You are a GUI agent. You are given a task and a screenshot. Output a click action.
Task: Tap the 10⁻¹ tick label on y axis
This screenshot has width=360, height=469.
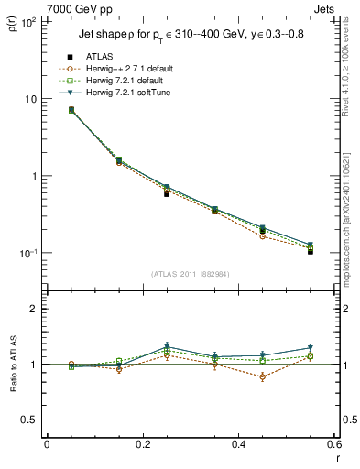27,254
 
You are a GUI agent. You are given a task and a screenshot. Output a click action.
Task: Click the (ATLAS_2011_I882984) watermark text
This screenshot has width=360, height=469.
191,275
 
